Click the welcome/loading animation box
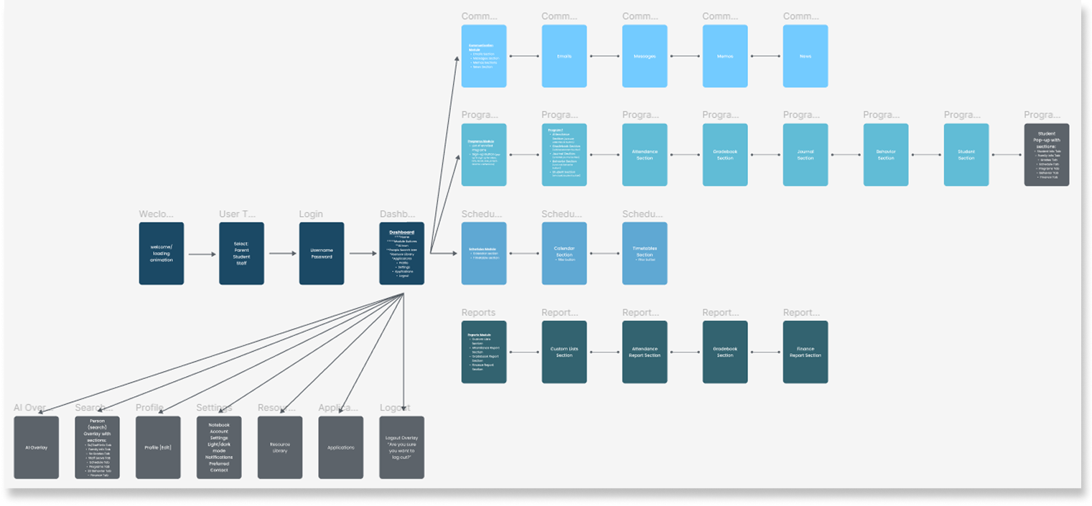(x=162, y=253)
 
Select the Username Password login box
(x=322, y=253)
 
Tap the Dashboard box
(x=402, y=253)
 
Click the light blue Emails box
(x=564, y=56)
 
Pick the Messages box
(x=645, y=56)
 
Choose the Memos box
(x=725, y=56)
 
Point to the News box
(x=806, y=56)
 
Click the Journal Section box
(x=806, y=155)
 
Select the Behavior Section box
(x=886, y=155)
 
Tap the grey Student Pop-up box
(x=1047, y=155)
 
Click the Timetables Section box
(x=645, y=253)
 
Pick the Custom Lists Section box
(x=564, y=352)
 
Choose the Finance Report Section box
(x=806, y=352)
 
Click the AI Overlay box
(x=37, y=447)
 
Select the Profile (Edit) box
(x=158, y=447)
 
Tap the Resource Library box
(x=280, y=447)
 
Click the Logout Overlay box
(x=402, y=447)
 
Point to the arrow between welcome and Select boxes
(x=202, y=254)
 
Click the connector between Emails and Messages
(x=605, y=56)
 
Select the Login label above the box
(x=311, y=214)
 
